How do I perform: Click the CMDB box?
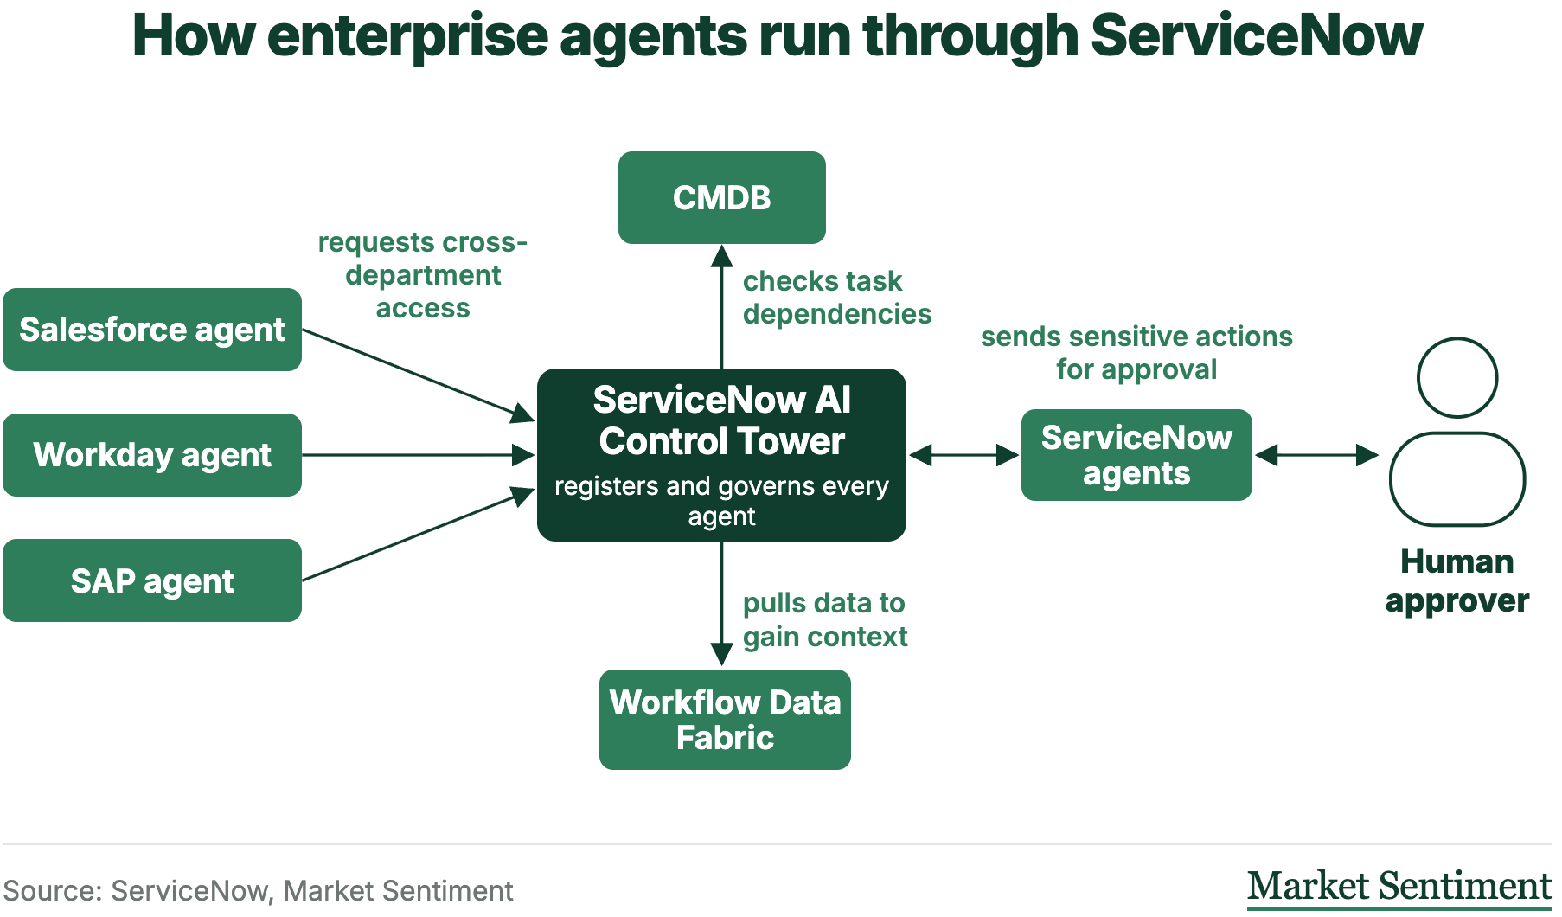722,197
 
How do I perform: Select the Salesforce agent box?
152,330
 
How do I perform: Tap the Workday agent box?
152,455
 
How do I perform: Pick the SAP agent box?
152,580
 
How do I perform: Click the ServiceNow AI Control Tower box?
721,455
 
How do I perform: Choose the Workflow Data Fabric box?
725,720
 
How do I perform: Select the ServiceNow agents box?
1136,455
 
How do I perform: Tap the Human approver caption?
1457,580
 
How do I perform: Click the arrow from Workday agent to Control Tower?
419,455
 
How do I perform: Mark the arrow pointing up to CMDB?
722,306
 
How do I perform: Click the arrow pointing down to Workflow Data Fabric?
722,604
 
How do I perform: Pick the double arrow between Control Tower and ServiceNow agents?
964,455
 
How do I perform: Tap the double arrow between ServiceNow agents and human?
1316,455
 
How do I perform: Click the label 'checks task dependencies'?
837,298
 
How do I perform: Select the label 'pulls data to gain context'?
825,619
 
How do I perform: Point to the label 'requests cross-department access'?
423,275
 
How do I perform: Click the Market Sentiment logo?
1399,887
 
